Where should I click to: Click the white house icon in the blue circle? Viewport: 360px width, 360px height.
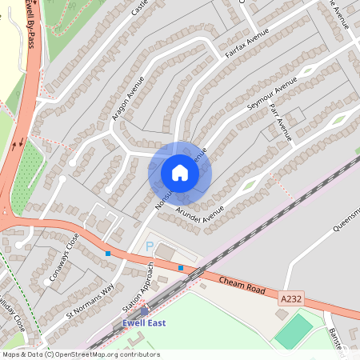[x=180, y=173]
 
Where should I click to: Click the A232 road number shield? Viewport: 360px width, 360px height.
[x=292, y=298]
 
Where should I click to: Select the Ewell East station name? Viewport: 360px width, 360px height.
[x=143, y=322]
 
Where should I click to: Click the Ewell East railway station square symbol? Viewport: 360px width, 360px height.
[x=145, y=312]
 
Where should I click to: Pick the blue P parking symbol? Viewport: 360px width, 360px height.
[x=149, y=248]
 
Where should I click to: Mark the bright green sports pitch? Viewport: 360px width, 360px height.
[x=295, y=330]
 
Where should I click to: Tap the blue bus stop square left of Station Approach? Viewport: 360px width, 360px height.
[x=107, y=254]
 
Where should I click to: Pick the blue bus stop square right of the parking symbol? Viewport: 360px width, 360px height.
[x=181, y=267]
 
